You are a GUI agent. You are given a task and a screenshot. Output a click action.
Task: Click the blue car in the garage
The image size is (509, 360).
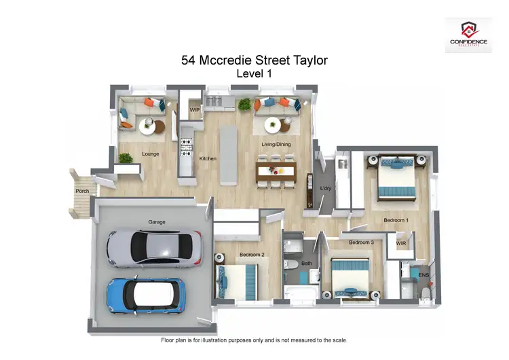(x=145, y=293)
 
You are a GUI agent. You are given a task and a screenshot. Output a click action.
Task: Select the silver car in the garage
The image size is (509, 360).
(x=154, y=247)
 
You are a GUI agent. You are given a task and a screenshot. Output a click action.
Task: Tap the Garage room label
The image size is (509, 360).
(x=157, y=222)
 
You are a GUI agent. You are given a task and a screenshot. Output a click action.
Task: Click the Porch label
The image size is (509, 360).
(x=82, y=191)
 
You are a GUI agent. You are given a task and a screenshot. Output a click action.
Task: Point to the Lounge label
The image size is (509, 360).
(x=150, y=154)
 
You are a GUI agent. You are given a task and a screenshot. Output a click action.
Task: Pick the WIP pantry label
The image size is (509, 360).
(x=195, y=109)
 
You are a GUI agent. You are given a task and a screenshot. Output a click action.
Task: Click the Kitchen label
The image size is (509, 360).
(x=208, y=159)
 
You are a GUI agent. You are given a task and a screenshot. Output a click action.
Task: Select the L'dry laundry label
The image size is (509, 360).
(x=325, y=187)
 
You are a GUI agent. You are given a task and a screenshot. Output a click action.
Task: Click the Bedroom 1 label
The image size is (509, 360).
(x=396, y=220)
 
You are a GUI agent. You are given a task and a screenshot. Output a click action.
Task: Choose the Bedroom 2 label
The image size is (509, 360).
(x=251, y=255)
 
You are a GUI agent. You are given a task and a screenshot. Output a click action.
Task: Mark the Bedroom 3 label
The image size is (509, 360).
(x=361, y=242)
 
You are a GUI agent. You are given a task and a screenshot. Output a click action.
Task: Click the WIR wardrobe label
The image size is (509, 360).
(x=401, y=242)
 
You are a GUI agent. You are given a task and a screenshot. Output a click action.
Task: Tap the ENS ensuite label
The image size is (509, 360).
(x=423, y=275)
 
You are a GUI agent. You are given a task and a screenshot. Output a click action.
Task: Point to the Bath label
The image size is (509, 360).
(x=307, y=262)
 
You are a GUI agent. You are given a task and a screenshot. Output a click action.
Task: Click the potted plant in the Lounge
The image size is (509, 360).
(x=125, y=158)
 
